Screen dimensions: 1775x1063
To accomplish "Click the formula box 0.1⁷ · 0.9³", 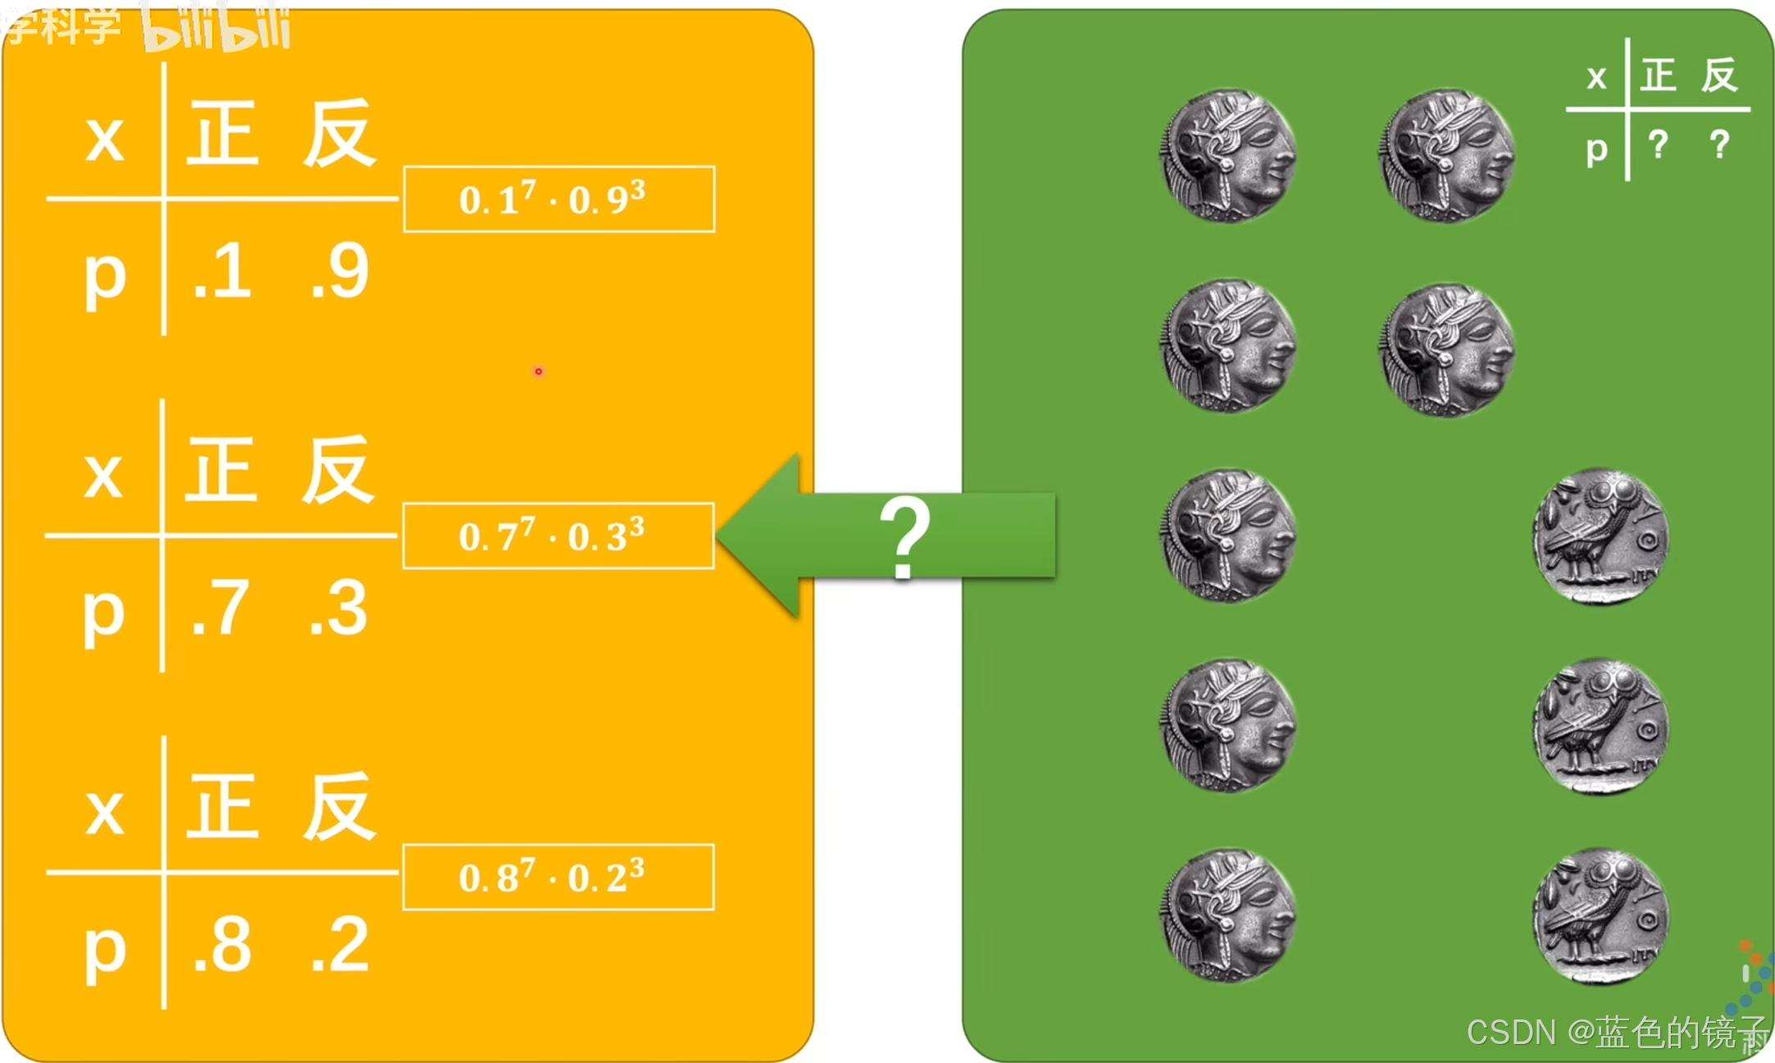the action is [x=558, y=199].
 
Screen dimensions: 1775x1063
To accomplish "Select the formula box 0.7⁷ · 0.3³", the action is [x=558, y=536].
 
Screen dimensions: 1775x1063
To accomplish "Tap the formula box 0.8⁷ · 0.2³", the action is [x=558, y=877].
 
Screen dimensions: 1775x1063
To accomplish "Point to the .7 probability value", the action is [x=220, y=608].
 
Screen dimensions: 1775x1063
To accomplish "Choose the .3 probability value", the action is [x=339, y=608].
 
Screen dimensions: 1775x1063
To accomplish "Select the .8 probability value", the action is [x=222, y=945].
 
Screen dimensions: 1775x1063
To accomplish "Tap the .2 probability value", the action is [x=340, y=945].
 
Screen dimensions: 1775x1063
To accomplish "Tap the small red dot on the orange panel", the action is [x=538, y=372].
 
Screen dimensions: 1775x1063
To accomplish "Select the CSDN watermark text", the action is [x=1615, y=1032].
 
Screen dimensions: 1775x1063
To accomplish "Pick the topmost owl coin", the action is [x=1600, y=536].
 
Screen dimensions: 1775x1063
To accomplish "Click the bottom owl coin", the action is [x=1600, y=915].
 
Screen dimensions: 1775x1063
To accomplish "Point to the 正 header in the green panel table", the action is [x=1658, y=75].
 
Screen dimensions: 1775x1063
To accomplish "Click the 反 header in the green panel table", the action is [x=1719, y=75].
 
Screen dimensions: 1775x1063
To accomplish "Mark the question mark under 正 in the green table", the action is [x=1658, y=145].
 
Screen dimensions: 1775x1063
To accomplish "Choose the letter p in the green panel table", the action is [x=1596, y=149].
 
